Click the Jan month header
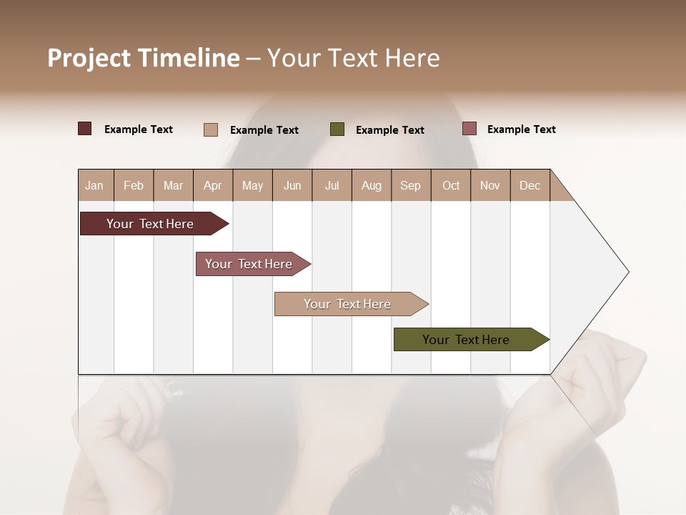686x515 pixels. tap(94, 186)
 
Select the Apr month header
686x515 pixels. tap(213, 186)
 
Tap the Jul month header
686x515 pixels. tap(332, 186)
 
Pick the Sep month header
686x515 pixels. tap(410, 186)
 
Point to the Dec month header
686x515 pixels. tap(530, 186)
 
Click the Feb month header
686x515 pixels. tap(134, 186)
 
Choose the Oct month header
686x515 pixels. tap(451, 186)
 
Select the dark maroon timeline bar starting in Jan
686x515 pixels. tap(150, 224)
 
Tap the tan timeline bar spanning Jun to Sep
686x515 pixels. tap(347, 304)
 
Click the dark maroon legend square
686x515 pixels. tap(85, 129)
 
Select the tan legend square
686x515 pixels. tap(211, 129)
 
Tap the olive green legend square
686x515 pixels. tap(337, 129)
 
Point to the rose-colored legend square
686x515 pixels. tap(469, 129)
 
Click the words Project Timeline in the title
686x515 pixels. tap(144, 58)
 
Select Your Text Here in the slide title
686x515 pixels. tap(353, 58)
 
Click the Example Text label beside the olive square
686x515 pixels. tap(390, 130)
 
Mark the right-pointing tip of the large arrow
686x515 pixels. tap(627, 272)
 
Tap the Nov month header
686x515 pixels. tap(490, 186)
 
